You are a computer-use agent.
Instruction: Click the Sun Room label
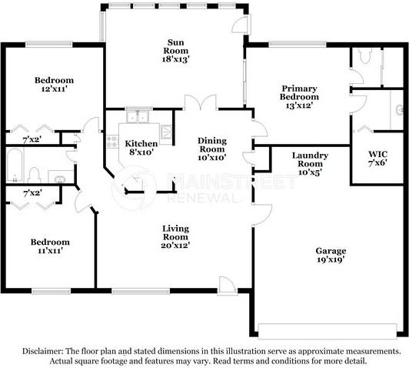coord(175,46)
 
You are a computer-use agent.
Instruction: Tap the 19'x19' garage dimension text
coord(331,259)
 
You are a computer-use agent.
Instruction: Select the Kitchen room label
coord(141,144)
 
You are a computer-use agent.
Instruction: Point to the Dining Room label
coord(211,145)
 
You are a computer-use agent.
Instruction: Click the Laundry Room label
coord(310,159)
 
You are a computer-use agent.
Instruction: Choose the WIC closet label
coord(377,154)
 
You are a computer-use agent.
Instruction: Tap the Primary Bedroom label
coord(299,92)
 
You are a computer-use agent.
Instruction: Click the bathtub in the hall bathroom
coord(15,166)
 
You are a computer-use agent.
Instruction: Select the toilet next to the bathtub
coord(34,176)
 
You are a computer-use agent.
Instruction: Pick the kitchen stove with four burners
coord(112,142)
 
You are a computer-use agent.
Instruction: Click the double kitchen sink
coord(138,117)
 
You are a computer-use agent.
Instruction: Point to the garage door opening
coord(328,331)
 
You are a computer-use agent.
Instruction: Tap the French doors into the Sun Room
coord(201,102)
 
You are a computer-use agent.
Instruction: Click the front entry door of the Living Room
coord(228,286)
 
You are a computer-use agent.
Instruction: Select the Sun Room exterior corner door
coord(241,25)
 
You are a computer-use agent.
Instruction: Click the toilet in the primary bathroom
coord(364,55)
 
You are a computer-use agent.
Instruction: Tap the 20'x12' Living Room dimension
coord(175,246)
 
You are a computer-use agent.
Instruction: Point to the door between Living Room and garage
coord(262,215)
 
